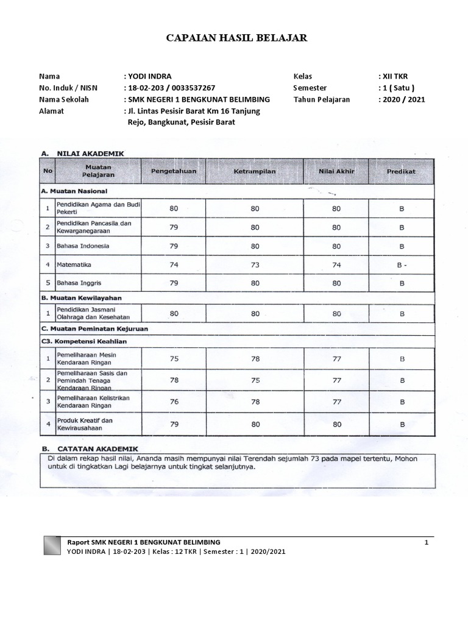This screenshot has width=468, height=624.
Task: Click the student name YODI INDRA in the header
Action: tap(149, 76)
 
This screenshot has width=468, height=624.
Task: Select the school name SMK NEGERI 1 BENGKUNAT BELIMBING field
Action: tap(198, 99)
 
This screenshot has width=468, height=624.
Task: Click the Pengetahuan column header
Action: tap(174, 171)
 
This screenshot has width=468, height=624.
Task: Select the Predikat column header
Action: tap(401, 171)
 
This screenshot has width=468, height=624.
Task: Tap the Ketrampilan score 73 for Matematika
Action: tap(255, 265)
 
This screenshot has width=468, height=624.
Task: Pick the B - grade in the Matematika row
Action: tap(402, 265)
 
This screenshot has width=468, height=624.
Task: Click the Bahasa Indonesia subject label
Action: tap(83, 246)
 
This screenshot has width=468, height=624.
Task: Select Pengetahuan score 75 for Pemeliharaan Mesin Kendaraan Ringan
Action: tap(174, 358)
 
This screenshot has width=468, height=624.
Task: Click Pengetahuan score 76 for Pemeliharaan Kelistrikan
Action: tap(174, 401)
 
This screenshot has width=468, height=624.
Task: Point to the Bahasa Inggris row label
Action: tap(79, 284)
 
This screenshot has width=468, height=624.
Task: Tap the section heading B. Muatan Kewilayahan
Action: tap(81, 298)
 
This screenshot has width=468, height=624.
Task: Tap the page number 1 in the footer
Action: tap(427, 542)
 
